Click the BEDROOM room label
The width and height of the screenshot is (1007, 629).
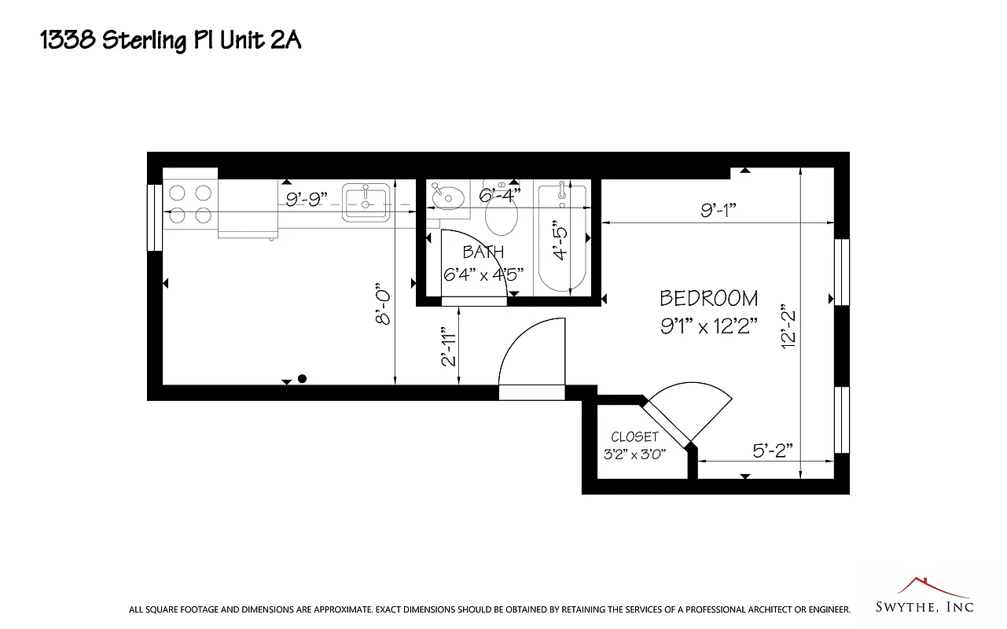pos(709,299)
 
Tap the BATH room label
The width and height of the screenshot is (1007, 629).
pos(483,252)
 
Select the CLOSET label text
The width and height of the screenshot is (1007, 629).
pos(634,437)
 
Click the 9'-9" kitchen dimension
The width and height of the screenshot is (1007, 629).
pos(306,200)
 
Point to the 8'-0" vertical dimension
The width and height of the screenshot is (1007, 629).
pos(383,303)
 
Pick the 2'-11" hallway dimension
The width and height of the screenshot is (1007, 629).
pos(449,347)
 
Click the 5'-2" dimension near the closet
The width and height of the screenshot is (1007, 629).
pos(772,451)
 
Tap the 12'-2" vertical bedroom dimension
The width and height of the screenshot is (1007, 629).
pos(788,327)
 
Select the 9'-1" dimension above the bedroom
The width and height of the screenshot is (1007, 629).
pos(718,210)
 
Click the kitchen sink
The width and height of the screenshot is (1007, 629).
pos(366,204)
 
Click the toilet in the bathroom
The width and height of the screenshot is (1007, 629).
pos(502,214)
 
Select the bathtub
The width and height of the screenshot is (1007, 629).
pos(561,236)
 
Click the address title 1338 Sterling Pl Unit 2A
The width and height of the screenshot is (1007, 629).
pos(171,41)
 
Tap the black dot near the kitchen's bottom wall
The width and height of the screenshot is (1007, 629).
pos(302,378)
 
